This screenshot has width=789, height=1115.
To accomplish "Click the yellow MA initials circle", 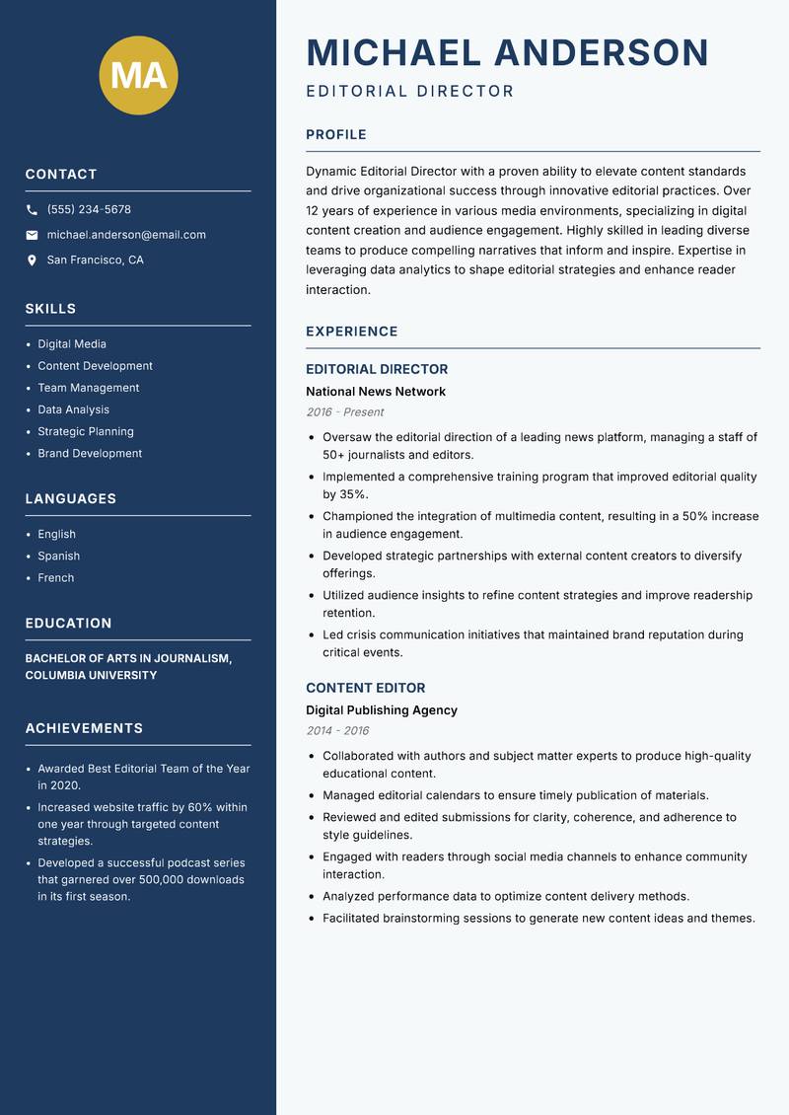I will point(139,75).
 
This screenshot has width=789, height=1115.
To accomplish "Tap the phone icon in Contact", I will point(32,210).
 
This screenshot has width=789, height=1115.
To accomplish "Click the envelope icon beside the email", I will point(32,235).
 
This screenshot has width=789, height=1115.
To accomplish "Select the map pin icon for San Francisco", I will point(32,260).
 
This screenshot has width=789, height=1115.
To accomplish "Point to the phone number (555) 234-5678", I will point(89,210).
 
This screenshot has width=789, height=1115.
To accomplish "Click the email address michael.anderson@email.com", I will point(126,235).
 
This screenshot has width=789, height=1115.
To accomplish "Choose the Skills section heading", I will point(50,309).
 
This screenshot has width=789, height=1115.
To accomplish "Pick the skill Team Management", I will point(89,388).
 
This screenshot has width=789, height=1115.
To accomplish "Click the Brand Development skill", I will point(90,454).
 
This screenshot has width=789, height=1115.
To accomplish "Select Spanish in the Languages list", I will point(59,557).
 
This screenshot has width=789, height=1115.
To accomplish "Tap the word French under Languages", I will point(56,578).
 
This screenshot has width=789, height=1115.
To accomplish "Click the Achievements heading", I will point(84,728).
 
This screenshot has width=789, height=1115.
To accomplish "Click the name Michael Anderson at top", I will point(507,52).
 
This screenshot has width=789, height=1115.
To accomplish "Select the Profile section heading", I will point(335,135).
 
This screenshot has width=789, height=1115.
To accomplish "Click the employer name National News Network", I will point(376,392).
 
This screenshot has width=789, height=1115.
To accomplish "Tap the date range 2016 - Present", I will point(344,412).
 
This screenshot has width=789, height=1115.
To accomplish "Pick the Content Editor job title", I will point(365,688).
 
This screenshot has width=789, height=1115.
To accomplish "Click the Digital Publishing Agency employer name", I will point(382,710).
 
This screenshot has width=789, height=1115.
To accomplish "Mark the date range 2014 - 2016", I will point(337,731).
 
